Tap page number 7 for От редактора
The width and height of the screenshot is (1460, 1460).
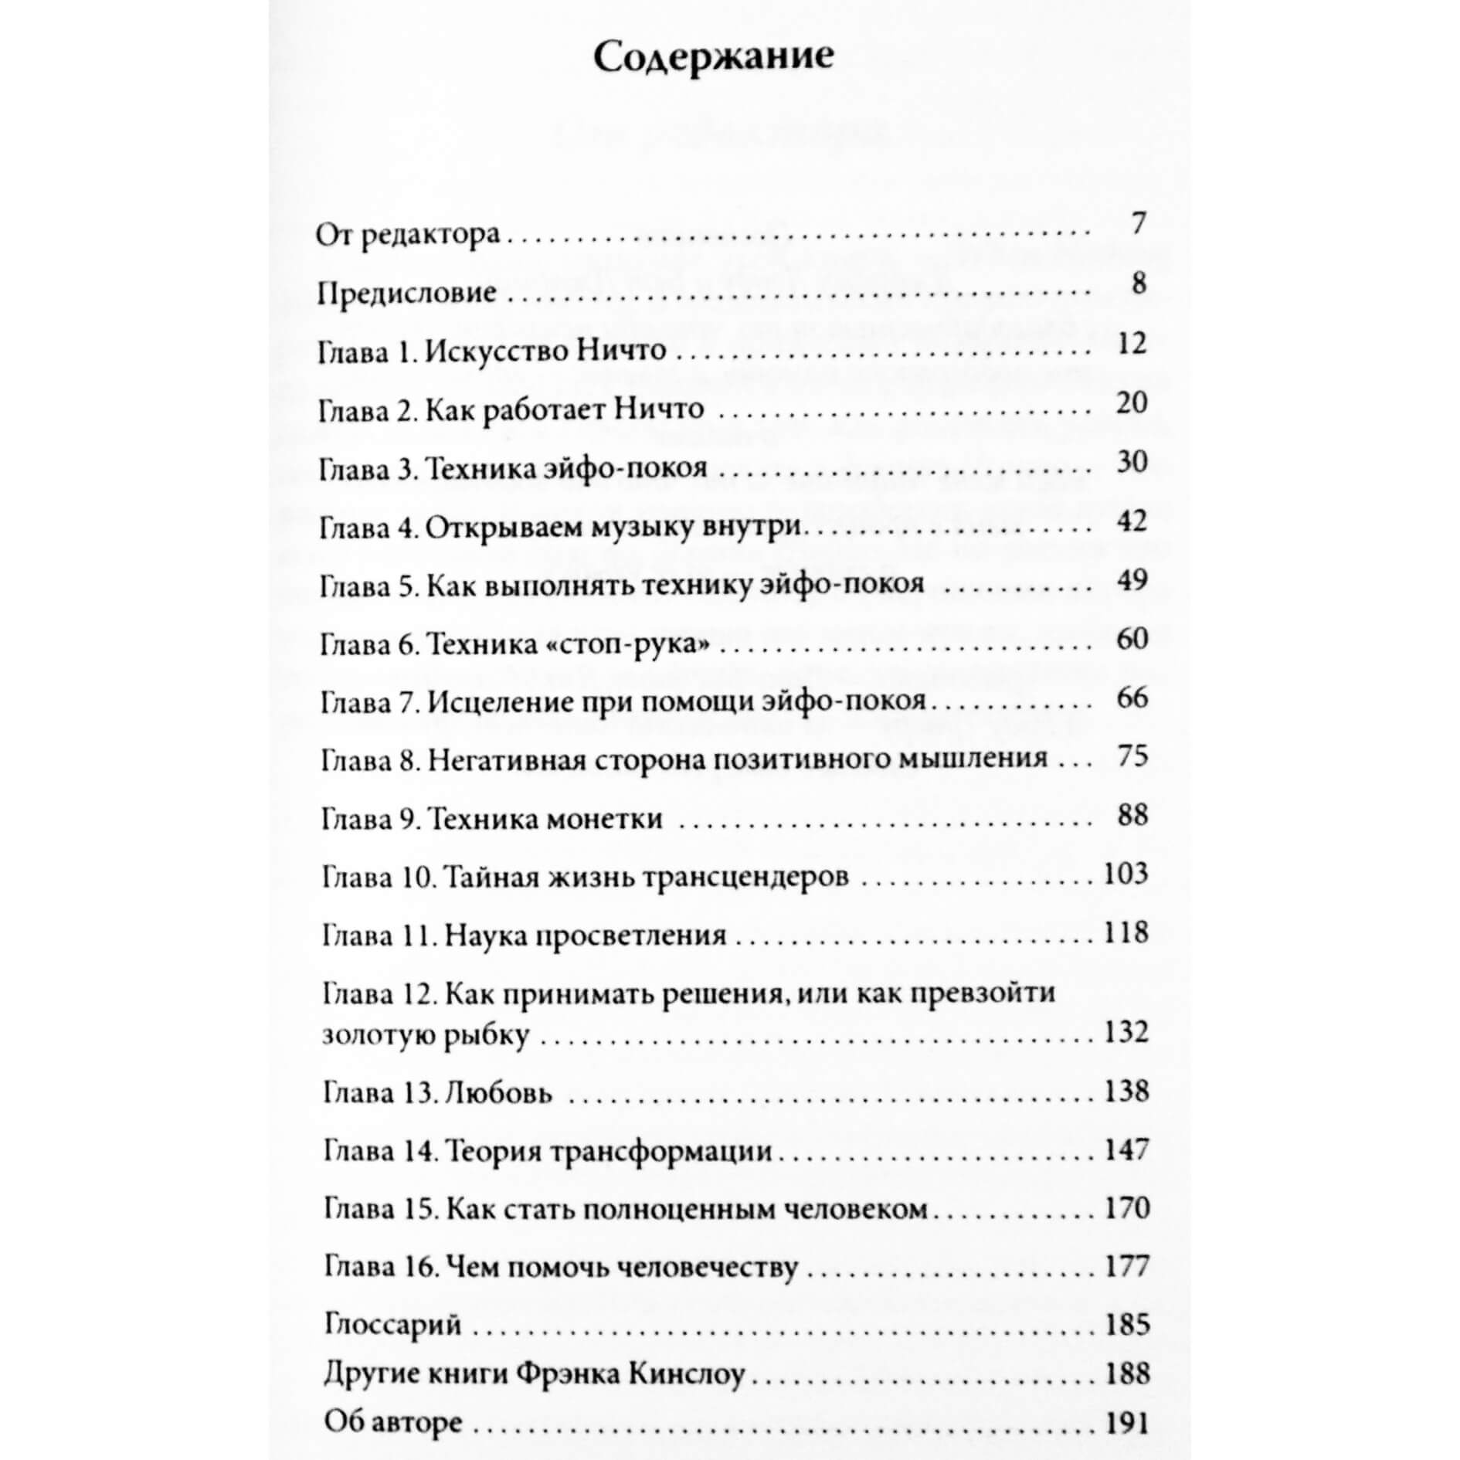(x=1137, y=225)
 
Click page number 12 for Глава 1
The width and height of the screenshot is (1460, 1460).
(x=1132, y=344)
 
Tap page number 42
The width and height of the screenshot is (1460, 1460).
(x=1132, y=521)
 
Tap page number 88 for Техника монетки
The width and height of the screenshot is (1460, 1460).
(x=1132, y=815)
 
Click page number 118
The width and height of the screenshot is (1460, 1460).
(x=1126, y=933)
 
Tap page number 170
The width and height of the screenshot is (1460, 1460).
(x=1127, y=1207)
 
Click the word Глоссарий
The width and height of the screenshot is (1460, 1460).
(x=392, y=1325)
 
